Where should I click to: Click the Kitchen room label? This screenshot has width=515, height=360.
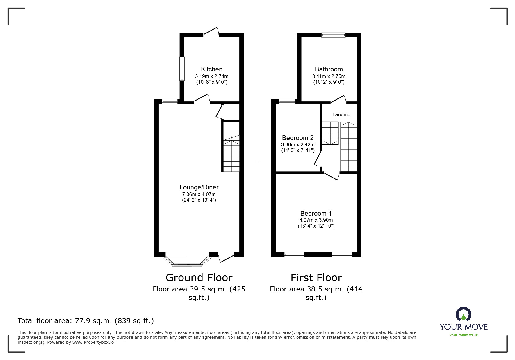click(211, 69)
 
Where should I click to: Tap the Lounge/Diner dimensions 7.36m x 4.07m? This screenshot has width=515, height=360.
click(199, 194)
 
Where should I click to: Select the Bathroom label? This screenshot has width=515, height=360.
click(329, 69)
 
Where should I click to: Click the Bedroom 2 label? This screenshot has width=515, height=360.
click(298, 138)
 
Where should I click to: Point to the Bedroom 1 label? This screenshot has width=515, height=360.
click(316, 213)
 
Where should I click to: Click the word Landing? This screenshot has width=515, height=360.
click(341, 114)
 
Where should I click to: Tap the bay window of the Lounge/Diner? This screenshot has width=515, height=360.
click(187, 263)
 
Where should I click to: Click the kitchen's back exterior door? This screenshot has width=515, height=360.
click(211, 31)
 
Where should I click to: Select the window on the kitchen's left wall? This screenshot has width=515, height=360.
click(182, 69)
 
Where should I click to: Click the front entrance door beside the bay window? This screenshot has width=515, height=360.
click(226, 258)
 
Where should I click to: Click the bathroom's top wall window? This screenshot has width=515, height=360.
click(333, 35)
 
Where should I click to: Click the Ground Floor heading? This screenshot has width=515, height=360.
click(199, 278)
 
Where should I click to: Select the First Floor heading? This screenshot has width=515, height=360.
click(316, 278)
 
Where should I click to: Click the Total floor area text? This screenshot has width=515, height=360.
click(86, 321)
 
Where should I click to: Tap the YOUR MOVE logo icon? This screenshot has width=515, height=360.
click(463, 315)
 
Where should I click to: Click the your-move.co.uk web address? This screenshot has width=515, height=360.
click(464, 335)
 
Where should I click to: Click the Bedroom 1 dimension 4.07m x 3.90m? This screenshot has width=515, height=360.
click(316, 220)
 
